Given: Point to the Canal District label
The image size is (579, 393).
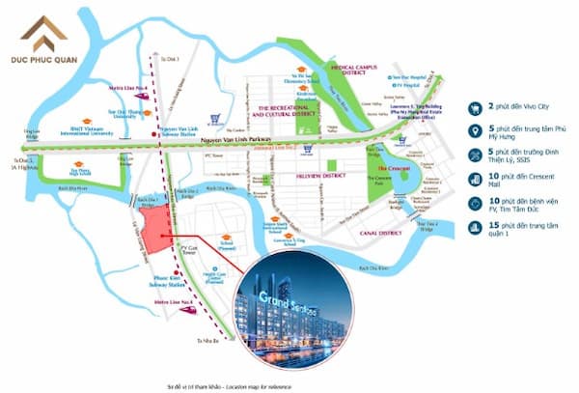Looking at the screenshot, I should click(x=378, y=234).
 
